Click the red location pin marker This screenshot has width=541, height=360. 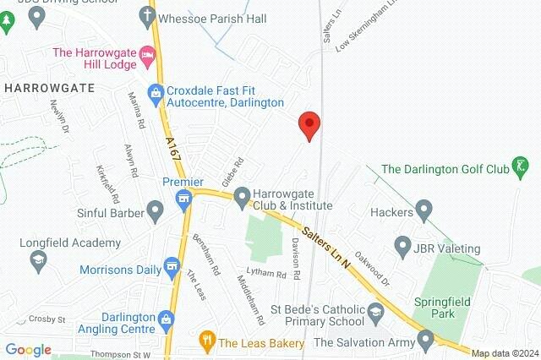(x=310, y=125)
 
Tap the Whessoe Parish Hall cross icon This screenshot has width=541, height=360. (x=145, y=15)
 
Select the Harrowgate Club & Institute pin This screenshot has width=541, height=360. (x=242, y=198)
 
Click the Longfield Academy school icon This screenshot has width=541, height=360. (x=38, y=259)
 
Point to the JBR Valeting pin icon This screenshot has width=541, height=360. (x=403, y=248)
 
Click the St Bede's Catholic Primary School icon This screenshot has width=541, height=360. (x=375, y=314)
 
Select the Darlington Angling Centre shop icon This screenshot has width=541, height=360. (x=167, y=320)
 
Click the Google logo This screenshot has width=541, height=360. (x=28, y=349)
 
